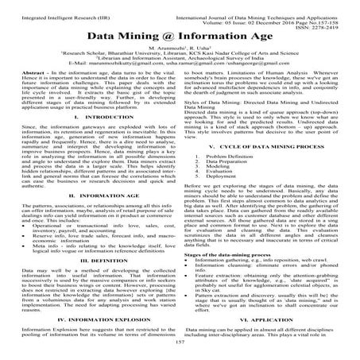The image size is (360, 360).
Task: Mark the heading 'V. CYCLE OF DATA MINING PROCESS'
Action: [270, 192]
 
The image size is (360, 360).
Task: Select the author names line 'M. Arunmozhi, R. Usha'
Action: [180, 49]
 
